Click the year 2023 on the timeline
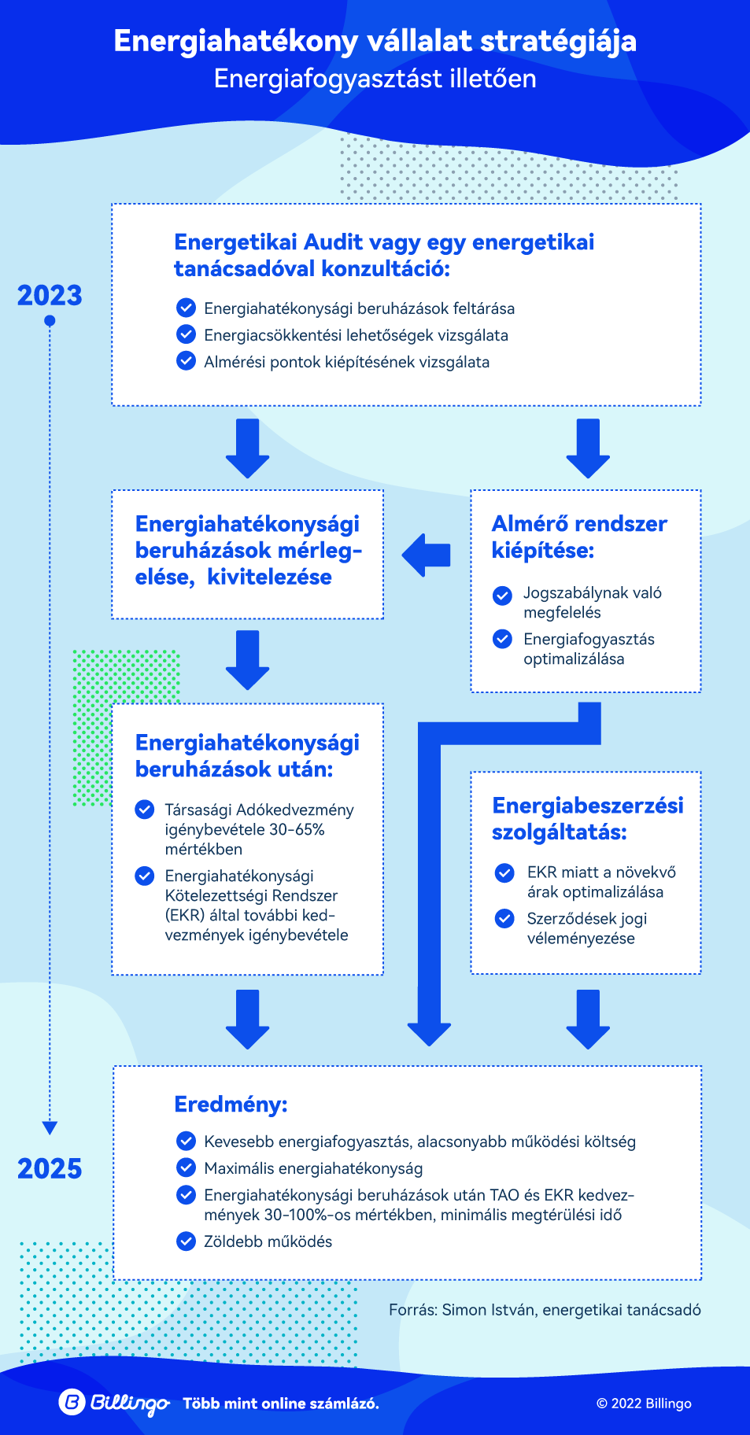50,296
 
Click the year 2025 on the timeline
50,1169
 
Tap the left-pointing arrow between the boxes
426,555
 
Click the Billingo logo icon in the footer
72,1402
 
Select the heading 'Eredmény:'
231,1105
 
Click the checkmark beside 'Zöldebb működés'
186,1241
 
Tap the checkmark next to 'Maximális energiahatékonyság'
186,1168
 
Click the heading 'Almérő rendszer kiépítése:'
579,537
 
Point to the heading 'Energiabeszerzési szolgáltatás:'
588,818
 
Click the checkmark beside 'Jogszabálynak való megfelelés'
502,596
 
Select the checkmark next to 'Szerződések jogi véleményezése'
504,918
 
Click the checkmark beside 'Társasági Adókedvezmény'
145,810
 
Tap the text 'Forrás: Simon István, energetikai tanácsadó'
545,1310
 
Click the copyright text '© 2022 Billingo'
644,1404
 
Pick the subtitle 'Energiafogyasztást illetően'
375,79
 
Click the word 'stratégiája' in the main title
558,41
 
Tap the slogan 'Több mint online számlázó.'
281,1404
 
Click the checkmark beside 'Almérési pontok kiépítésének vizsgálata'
186,361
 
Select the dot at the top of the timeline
50,321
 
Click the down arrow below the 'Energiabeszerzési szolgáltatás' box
588,1020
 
